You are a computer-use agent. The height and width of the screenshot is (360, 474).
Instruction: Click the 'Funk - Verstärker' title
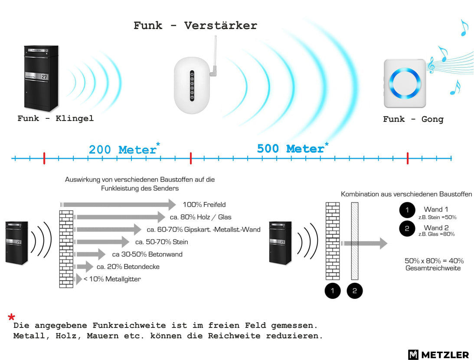pos(195,26)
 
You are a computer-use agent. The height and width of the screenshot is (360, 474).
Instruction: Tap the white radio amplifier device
pos(192,85)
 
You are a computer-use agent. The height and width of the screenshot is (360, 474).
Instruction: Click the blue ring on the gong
pos(405,83)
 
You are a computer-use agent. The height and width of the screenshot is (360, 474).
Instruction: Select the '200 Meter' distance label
pos(122,150)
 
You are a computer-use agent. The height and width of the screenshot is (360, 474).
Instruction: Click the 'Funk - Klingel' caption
pos(56,118)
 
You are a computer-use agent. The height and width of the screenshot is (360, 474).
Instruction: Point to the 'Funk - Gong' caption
pos(413,119)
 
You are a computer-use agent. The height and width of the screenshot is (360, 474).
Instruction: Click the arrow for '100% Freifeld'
pos(118,205)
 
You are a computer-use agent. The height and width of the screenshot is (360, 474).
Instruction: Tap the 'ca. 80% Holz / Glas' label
pos(200,217)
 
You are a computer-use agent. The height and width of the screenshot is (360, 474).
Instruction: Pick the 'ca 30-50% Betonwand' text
pos(147,254)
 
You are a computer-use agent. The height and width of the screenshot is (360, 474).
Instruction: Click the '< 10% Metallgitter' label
pos(112,279)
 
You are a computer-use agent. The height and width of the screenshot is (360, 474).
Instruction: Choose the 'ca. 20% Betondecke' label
pos(128,267)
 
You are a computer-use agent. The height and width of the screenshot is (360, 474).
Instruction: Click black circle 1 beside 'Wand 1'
pos(407,210)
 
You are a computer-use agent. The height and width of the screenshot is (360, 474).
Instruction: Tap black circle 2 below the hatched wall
pos(355,291)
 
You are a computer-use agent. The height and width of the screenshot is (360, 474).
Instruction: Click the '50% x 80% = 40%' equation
pos(434,261)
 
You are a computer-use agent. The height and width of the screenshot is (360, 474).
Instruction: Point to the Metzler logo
pos(438,354)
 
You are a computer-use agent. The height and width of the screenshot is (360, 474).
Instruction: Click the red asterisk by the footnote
pos(11,317)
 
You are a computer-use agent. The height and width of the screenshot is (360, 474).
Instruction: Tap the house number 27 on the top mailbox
pos(44,76)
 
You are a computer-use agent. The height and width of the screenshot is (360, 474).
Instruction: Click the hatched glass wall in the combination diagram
pos(355,241)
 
